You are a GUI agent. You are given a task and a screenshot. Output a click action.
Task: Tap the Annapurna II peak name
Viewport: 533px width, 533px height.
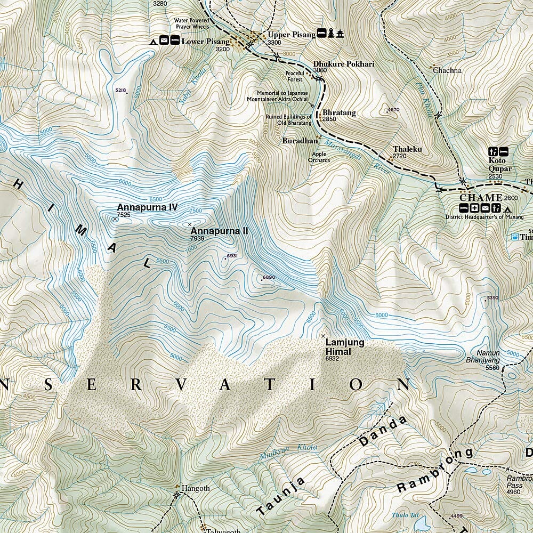tap(219, 231)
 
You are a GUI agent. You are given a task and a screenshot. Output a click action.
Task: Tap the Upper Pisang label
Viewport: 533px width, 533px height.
tap(287, 35)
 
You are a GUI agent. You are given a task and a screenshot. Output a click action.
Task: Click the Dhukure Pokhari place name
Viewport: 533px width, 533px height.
tap(344, 63)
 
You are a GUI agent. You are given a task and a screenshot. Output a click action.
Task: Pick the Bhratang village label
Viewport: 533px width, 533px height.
tap(339, 113)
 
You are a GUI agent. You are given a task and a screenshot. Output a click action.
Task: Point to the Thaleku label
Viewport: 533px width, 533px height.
tap(407, 149)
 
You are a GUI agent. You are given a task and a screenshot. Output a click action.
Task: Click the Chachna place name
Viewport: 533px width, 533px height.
tap(447, 70)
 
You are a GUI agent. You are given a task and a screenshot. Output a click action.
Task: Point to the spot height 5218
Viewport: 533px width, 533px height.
tap(120, 91)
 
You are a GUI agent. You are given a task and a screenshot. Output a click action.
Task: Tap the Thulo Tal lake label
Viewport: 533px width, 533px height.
tap(404, 515)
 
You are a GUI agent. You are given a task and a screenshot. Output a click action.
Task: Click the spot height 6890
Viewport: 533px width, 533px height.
tap(269, 277)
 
